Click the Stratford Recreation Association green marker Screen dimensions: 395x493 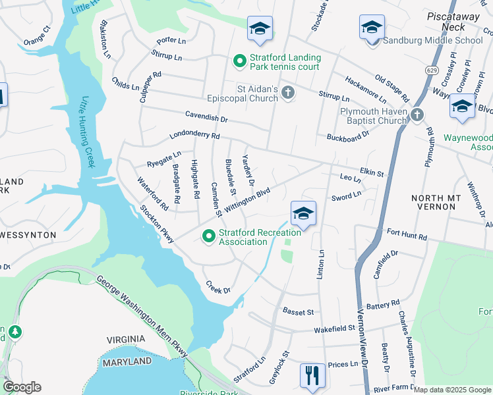tap(209, 235)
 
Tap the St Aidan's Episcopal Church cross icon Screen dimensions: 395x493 tap(288, 93)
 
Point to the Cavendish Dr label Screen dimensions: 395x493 tap(206, 119)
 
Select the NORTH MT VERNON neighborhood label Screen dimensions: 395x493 tap(433, 202)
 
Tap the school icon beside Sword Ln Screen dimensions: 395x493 tap(303, 213)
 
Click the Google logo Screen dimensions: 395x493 tap(22, 387)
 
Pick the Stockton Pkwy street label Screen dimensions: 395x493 tap(157, 224)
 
